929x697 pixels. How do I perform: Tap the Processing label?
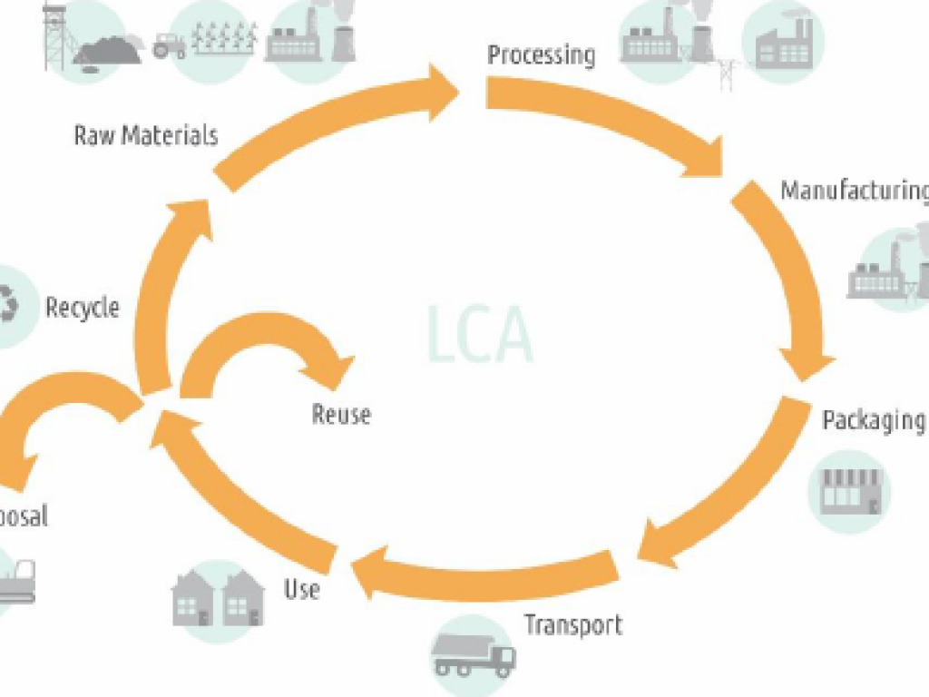click(x=541, y=54)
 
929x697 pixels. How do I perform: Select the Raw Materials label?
click(x=146, y=136)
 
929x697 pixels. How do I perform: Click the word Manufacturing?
click(x=854, y=191)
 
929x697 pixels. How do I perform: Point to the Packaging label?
click(x=873, y=420)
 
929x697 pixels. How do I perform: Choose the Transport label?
click(x=572, y=624)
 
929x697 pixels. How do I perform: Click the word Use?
click(x=302, y=589)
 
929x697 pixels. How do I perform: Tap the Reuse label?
click(x=341, y=415)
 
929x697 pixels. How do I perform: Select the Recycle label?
click(x=83, y=307)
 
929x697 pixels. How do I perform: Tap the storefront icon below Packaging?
click(x=850, y=491)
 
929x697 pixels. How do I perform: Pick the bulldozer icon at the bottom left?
click(x=18, y=581)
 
